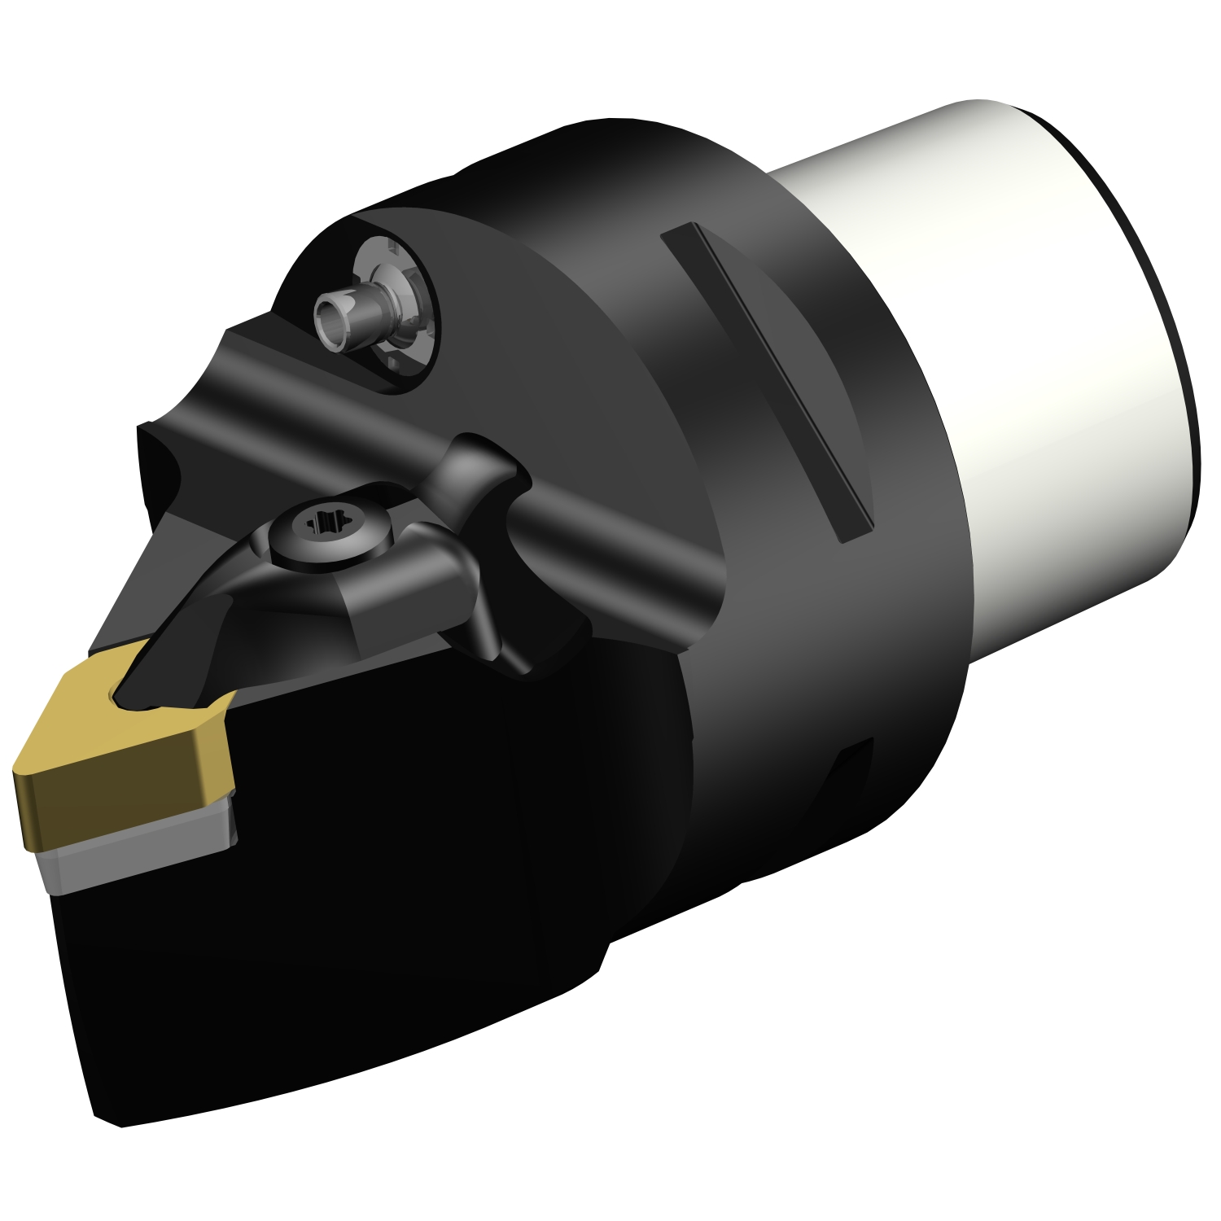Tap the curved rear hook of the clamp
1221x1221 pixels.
[x=480, y=464]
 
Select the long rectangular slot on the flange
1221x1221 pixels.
[x=765, y=383]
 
